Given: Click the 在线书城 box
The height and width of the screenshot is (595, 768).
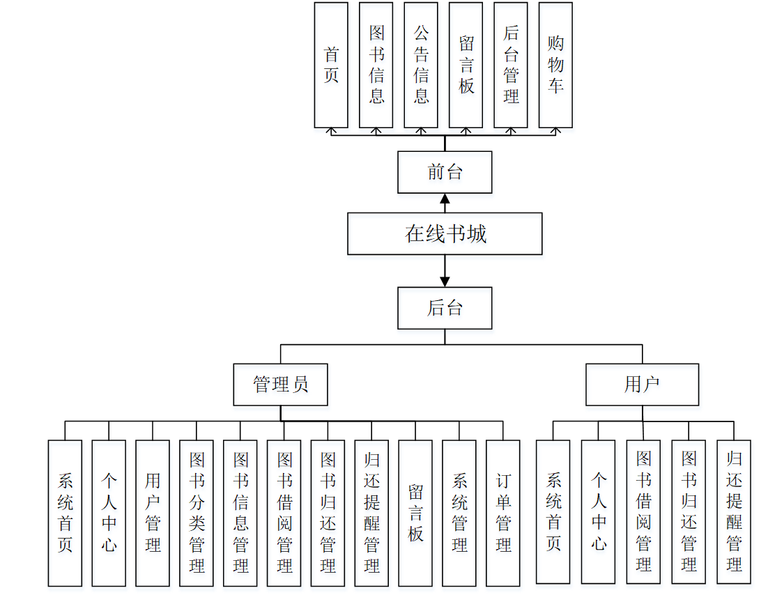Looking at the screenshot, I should tap(445, 233).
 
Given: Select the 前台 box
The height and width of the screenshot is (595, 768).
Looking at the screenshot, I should tap(445, 172).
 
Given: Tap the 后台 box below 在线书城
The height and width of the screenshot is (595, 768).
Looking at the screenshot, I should tap(445, 308).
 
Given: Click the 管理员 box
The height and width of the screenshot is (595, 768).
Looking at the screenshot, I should tap(280, 384).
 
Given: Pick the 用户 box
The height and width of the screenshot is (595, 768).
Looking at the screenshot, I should tap(642, 384).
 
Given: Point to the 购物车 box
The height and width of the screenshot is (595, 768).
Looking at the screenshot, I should tap(555, 65).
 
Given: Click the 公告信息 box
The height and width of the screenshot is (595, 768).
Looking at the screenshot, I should tap(421, 65).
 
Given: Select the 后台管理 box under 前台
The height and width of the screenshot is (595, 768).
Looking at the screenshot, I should tap(511, 65).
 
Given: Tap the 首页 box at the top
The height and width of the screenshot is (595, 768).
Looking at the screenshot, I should tap(331, 65).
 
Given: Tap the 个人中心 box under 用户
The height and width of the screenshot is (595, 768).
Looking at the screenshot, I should tap(599, 511).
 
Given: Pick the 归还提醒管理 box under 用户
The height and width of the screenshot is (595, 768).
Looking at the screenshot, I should tap(734, 511).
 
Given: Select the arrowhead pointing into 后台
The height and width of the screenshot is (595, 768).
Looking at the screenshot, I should tap(445, 281).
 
